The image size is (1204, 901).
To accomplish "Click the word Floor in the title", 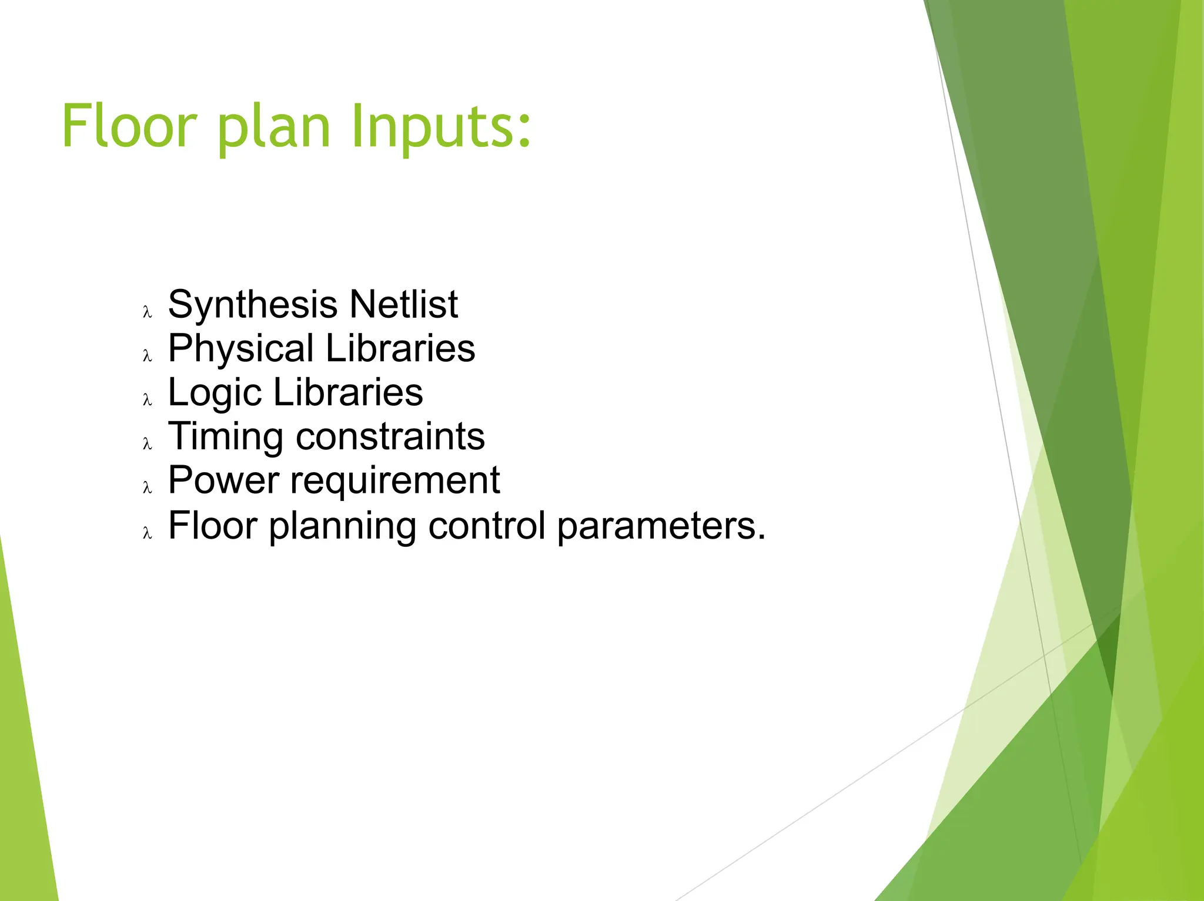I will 128,126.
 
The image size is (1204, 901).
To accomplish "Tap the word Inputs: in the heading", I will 441,126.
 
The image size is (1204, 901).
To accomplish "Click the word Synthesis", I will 253,305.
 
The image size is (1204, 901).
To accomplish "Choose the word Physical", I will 241,349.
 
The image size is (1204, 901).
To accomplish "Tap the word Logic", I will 215,393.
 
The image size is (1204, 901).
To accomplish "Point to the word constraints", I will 390,437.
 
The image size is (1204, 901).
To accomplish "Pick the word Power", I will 223,480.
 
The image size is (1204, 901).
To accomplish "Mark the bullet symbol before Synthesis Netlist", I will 148,312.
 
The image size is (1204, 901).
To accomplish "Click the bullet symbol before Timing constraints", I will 148,444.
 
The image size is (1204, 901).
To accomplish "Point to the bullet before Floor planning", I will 148,533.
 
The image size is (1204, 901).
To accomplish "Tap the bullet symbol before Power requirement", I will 148,488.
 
